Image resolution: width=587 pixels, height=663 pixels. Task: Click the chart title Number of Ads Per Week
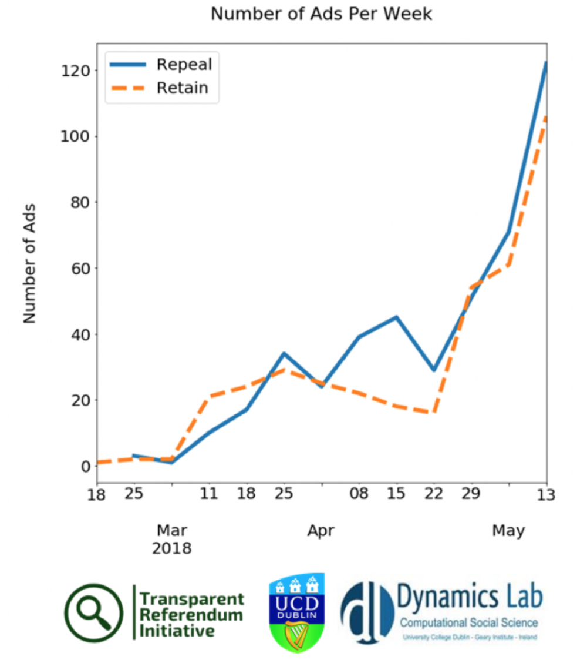pyautogui.click(x=321, y=14)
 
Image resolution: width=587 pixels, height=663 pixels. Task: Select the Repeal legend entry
pyautogui.click(x=184, y=64)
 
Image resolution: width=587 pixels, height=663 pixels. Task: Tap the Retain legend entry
pyautogui.click(x=182, y=88)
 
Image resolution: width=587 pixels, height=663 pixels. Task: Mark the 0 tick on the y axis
pyautogui.click(x=85, y=466)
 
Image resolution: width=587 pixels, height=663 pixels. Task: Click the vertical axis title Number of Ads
pyautogui.click(x=30, y=263)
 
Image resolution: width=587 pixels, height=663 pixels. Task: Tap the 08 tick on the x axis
pyautogui.click(x=359, y=494)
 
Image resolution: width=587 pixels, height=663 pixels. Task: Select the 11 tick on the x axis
pyautogui.click(x=208, y=494)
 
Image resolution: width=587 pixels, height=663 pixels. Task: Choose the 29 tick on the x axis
pyautogui.click(x=471, y=494)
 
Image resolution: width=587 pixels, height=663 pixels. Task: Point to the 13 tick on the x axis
pyautogui.click(x=546, y=494)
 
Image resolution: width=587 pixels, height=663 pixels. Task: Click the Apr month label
pyautogui.click(x=321, y=531)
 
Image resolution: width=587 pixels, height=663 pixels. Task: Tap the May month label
pyautogui.click(x=508, y=531)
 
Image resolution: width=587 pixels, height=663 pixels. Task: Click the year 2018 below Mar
pyautogui.click(x=171, y=549)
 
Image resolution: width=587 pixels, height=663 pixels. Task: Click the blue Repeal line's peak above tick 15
pyautogui.click(x=397, y=317)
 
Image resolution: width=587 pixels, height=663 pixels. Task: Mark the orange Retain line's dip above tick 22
pyautogui.click(x=434, y=413)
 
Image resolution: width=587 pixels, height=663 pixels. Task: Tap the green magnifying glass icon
pyautogui.click(x=94, y=613)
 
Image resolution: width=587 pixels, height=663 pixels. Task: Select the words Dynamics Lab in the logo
pyautogui.click(x=470, y=599)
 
